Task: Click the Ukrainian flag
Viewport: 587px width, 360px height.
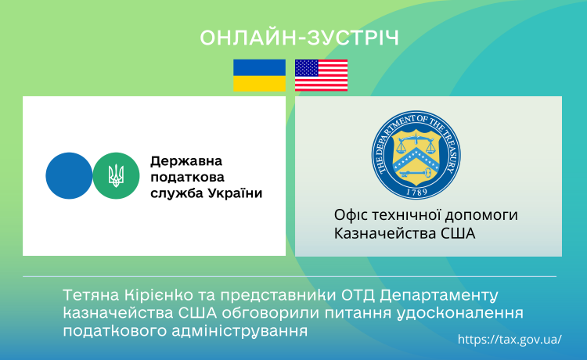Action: tap(259, 75)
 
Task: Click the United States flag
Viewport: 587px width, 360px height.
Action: tap(321, 75)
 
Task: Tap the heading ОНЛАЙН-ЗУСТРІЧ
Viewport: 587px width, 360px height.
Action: tap(300, 38)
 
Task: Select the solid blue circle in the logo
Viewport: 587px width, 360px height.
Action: tap(69, 175)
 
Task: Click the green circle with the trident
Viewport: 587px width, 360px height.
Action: tap(116, 175)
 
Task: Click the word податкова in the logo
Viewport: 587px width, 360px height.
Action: tap(187, 178)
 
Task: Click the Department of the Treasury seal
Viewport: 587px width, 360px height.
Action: tap(416, 154)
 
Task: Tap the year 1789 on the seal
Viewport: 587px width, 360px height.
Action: tap(416, 192)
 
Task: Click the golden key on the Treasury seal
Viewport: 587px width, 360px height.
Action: tap(416, 173)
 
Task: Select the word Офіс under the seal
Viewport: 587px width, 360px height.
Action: tap(349, 214)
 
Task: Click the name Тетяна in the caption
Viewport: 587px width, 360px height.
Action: tap(91, 295)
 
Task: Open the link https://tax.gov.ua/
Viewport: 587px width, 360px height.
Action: tap(510, 340)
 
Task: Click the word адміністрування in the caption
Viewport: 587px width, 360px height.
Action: tap(239, 331)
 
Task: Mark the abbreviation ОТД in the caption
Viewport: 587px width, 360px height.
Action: tap(358, 295)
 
